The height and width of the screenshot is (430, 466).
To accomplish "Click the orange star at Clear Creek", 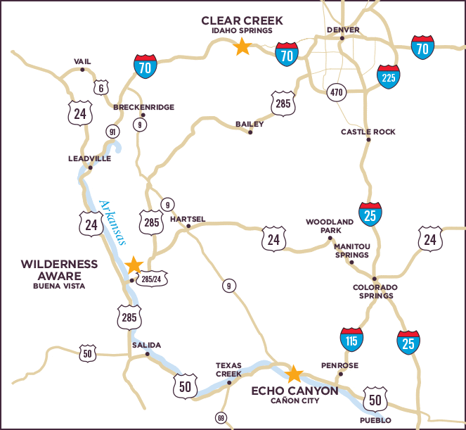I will (x=242, y=47).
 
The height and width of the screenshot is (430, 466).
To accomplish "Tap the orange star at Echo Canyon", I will (x=294, y=374).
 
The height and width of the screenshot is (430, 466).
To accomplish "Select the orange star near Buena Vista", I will (x=134, y=265).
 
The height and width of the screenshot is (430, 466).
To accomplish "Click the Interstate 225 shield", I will (x=389, y=76).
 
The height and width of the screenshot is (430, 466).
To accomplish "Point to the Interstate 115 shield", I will (x=351, y=339).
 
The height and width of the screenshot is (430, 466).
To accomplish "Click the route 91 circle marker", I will (x=111, y=132).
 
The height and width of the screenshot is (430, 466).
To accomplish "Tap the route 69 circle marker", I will (x=221, y=418).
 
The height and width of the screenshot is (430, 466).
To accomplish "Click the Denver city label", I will (x=343, y=30).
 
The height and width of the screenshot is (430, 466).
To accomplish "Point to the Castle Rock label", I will (x=368, y=132).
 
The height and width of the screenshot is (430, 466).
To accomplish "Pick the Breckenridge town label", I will (x=143, y=107).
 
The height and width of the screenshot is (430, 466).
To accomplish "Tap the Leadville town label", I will (x=89, y=158).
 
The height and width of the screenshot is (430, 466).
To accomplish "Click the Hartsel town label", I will (x=188, y=219).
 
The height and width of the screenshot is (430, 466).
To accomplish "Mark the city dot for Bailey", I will (x=250, y=132).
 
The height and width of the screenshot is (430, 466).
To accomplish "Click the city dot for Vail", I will (x=83, y=69).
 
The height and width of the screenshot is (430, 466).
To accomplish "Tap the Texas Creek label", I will (x=228, y=369).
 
